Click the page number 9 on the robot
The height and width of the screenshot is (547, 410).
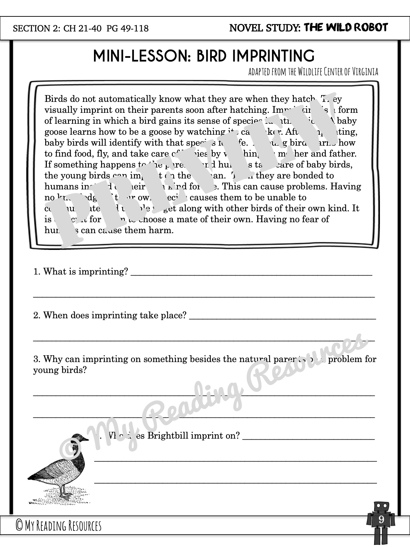381,520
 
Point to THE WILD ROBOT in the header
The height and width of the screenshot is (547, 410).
346,27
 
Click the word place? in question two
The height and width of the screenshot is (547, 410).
174,315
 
